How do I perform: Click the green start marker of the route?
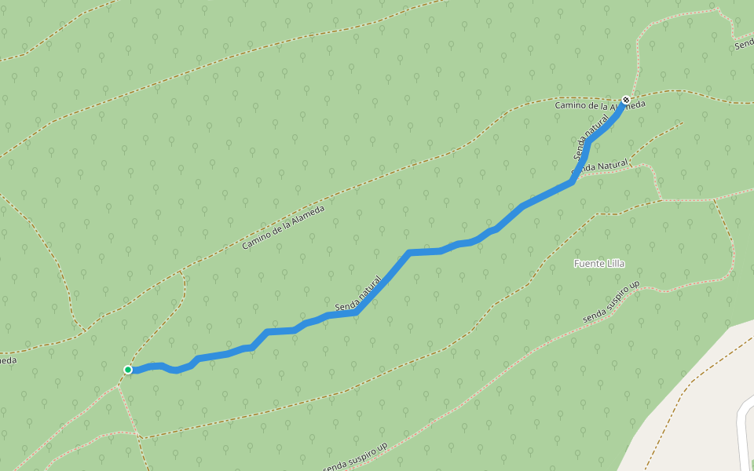128,370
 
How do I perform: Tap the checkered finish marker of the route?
626,100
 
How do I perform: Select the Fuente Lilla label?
599,263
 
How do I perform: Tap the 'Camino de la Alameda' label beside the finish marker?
599,104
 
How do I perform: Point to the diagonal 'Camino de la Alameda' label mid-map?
283,228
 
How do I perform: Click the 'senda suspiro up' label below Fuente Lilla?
612,301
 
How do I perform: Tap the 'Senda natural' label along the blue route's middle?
358,293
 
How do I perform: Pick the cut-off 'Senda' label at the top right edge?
744,45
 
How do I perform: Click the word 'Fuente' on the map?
588,263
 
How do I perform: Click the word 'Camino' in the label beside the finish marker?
570,104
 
